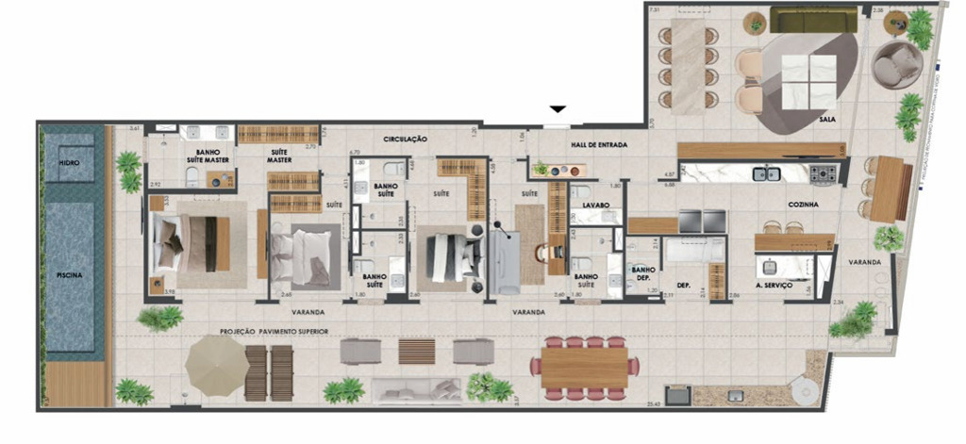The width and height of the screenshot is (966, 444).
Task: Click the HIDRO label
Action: [x=68, y=162]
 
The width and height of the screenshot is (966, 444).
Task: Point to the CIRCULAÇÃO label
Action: [x=406, y=139]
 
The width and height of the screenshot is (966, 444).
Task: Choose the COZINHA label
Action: [x=802, y=204]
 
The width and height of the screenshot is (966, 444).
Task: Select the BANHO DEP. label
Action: [x=643, y=273]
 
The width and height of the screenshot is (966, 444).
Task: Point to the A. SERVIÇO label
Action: [x=772, y=284]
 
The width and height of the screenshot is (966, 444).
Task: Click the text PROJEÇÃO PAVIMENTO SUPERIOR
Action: [x=274, y=332]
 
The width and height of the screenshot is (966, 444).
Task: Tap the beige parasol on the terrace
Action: [x=215, y=361]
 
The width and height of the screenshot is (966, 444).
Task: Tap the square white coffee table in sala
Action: [x=808, y=82]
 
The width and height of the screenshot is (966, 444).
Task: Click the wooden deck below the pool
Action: [x=75, y=386]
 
